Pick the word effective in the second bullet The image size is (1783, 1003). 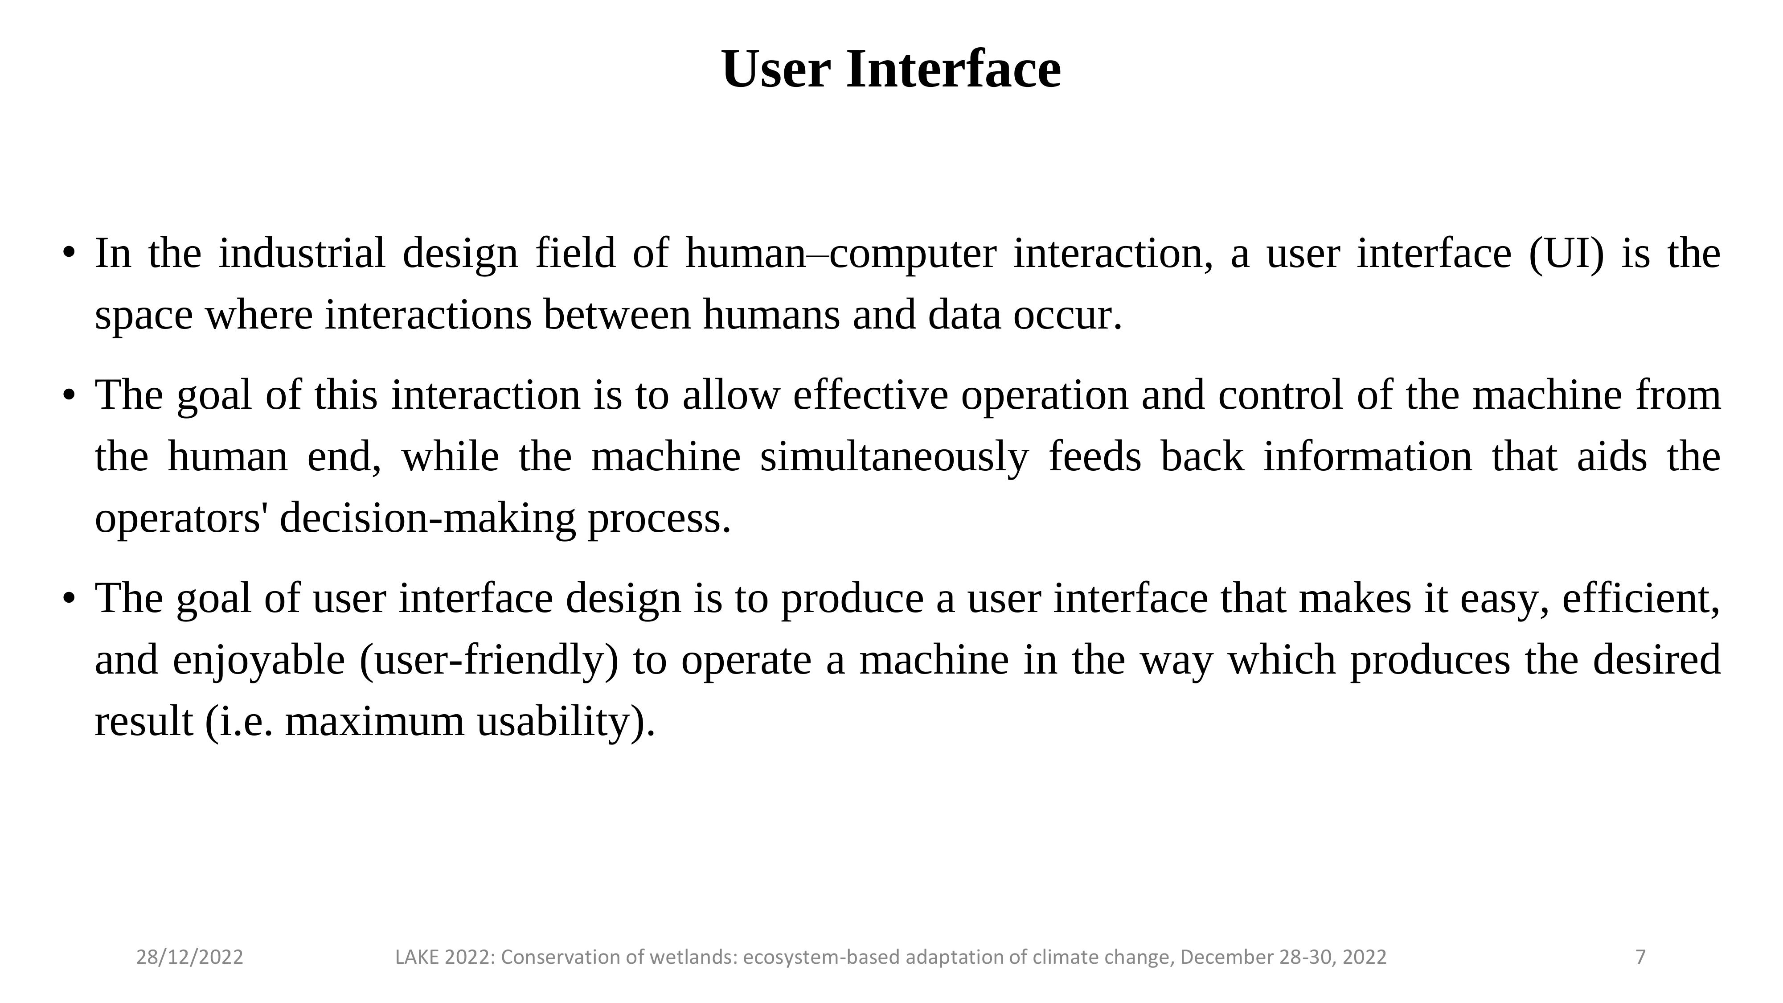870,395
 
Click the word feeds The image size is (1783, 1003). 1095,457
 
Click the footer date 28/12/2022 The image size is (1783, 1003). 190,958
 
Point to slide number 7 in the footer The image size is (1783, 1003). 1640,958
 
